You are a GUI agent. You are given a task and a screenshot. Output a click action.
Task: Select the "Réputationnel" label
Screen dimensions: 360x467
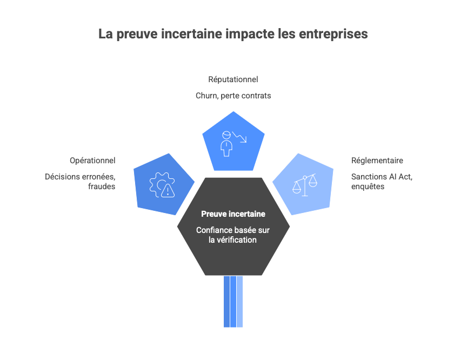(233, 79)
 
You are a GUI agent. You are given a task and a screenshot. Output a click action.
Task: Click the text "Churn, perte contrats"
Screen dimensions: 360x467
(233, 96)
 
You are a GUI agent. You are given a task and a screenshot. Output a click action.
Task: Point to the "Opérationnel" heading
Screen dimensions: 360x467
(92, 161)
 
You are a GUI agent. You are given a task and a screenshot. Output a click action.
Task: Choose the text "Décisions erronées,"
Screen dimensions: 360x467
(80, 177)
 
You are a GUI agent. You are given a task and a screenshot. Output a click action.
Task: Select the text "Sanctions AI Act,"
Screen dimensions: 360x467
(382, 177)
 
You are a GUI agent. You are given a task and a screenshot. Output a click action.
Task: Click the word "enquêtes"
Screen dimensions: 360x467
(368, 186)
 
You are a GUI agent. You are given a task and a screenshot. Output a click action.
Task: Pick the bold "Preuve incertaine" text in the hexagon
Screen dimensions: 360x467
(233, 214)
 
